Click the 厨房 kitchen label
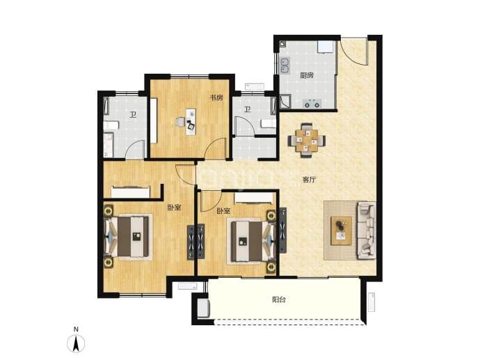pyautogui.click(x=306, y=75)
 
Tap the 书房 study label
pyautogui.click(x=216, y=97)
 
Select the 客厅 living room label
pyautogui.click(x=309, y=180)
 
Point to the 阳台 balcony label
pyautogui.click(x=279, y=299)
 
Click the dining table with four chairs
pyautogui.click(x=306, y=141)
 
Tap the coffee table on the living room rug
pyautogui.click(x=342, y=230)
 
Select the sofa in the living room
pyautogui.click(x=367, y=230)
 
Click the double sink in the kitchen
pyautogui.click(x=285, y=66)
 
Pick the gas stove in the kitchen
pyautogui.click(x=312, y=104)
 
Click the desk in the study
pyautogui.click(x=191, y=122)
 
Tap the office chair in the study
pyautogui.click(x=181, y=122)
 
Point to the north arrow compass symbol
pyautogui.click(x=76, y=343)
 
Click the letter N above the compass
pyautogui.click(x=76, y=329)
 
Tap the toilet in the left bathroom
pyautogui.click(x=111, y=125)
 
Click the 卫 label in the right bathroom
pyautogui.click(x=248, y=109)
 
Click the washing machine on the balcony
pyautogui.click(x=203, y=308)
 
